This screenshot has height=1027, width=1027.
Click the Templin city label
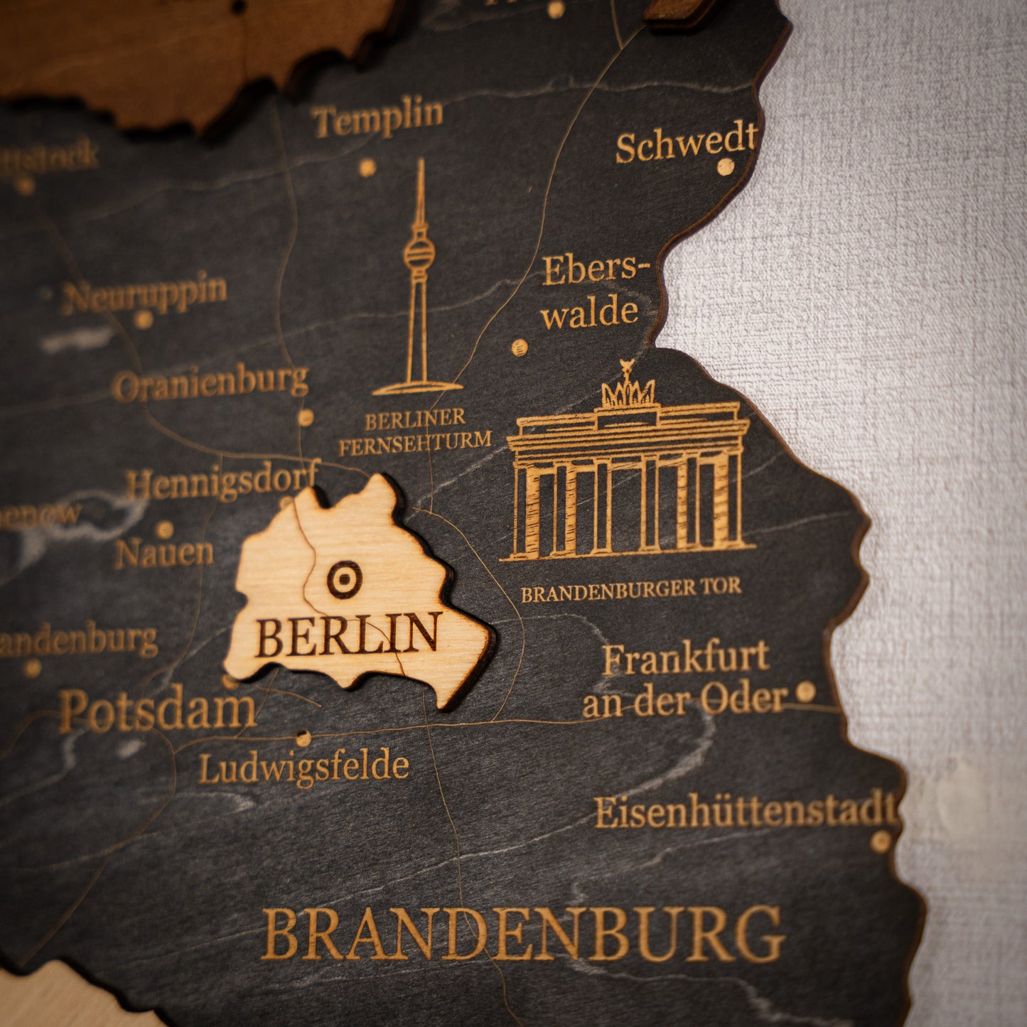[x=377, y=117]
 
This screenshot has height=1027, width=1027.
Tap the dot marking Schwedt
[x=725, y=167]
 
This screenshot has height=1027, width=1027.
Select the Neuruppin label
[x=144, y=294]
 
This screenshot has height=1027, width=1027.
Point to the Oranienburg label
[x=210, y=383]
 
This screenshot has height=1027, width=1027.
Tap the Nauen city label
[x=164, y=553]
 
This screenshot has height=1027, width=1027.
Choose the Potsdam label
[x=157, y=709]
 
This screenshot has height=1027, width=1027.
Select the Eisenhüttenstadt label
[x=745, y=812]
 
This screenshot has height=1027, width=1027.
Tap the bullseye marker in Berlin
[x=345, y=579]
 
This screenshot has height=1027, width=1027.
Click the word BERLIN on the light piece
[x=348, y=635]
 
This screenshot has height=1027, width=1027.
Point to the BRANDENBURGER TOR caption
[x=631, y=590]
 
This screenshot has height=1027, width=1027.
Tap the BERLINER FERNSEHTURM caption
[x=415, y=431]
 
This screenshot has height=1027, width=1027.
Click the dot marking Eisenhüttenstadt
[x=881, y=842]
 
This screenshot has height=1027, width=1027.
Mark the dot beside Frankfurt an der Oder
[x=805, y=691]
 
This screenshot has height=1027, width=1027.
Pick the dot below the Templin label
[x=367, y=168]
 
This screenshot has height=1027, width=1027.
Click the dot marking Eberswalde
[x=520, y=348]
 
